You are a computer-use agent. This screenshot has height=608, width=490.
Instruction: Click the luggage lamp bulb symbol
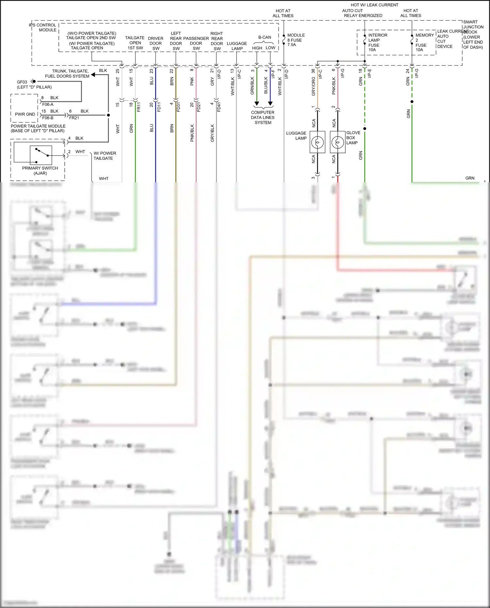[317, 142]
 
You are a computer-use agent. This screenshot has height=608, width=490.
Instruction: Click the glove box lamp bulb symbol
[337, 142]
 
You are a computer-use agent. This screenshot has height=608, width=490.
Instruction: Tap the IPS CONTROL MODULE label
[43, 27]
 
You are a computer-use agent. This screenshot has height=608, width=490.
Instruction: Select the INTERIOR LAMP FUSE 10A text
[378, 42]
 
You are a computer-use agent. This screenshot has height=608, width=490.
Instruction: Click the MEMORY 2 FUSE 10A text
[424, 42]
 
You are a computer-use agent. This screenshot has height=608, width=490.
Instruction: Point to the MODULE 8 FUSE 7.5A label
[296, 40]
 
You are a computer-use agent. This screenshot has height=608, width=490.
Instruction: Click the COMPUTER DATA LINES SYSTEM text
[263, 117]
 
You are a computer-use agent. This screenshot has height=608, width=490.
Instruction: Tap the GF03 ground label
[22, 82]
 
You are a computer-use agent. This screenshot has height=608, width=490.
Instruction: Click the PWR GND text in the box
[25, 114]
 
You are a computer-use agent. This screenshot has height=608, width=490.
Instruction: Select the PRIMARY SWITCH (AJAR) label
[40, 171]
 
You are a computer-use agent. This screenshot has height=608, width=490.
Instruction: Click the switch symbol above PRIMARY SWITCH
[41, 155]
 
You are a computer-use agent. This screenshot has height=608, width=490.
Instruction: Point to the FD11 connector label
[159, 107]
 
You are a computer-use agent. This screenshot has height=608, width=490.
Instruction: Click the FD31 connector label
[178, 107]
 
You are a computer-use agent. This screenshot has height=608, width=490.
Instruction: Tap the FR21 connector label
[74, 118]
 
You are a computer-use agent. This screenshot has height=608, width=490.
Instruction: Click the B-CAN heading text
[265, 37]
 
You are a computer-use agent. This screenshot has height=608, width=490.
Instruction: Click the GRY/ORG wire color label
[314, 87]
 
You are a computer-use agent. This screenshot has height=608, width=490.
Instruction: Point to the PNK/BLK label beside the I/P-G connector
[334, 86]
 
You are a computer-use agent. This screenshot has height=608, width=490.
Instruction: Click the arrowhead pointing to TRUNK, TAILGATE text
[93, 75]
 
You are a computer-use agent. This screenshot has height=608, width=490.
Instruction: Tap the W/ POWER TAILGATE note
[105, 156]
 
